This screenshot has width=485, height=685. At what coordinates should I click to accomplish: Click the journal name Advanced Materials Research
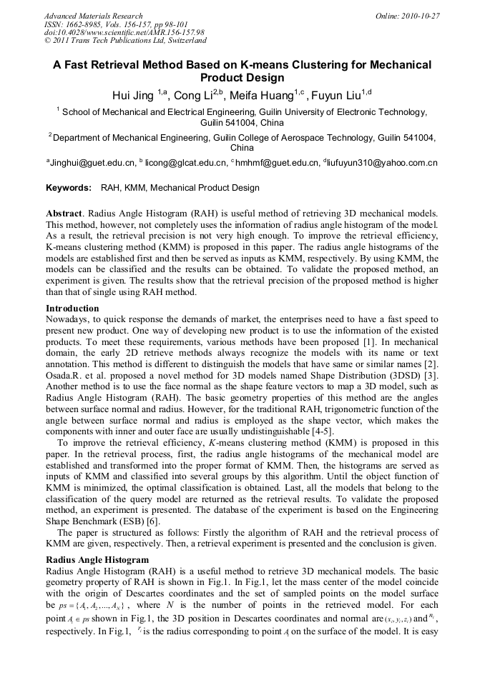(x=93, y=16)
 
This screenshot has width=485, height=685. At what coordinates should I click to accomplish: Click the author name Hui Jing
(x=134, y=94)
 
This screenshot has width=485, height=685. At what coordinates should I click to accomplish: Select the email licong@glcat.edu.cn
(x=183, y=163)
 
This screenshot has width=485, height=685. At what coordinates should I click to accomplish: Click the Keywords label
(x=68, y=189)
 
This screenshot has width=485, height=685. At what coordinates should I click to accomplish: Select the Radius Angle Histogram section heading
(x=97, y=560)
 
